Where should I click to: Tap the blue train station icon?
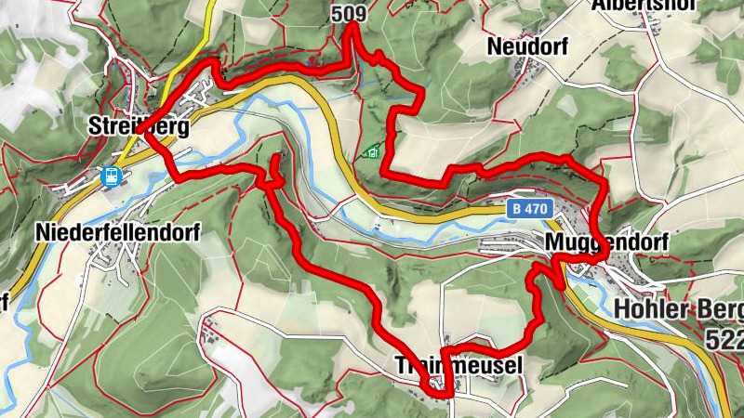click(112, 176)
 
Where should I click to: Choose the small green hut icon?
click(373, 152)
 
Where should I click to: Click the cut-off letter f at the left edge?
click(4, 301)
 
